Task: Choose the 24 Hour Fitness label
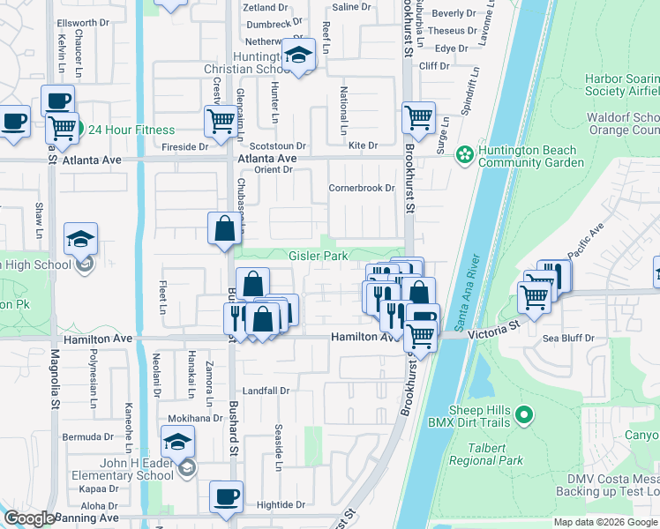[131, 130]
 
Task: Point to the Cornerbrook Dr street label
[362, 188]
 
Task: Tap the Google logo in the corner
[29, 518]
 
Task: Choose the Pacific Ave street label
[584, 242]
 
